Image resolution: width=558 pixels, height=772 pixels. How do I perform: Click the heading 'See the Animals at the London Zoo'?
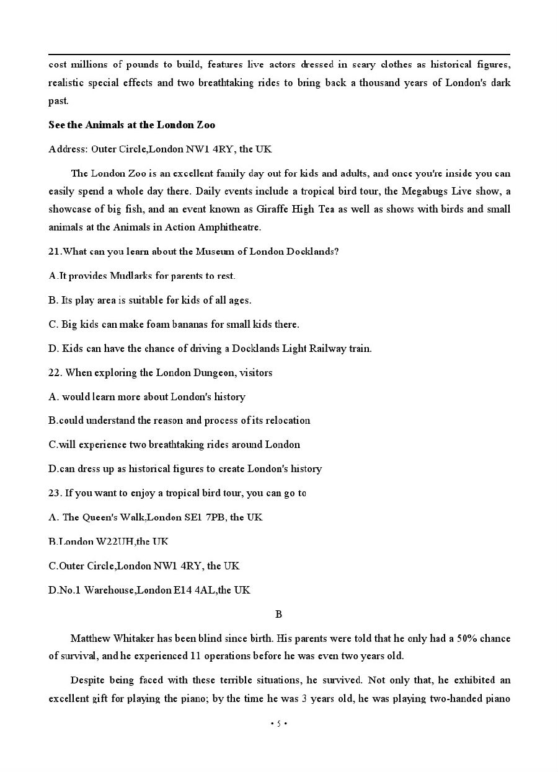131,125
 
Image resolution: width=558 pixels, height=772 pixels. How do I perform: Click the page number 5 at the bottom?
278,723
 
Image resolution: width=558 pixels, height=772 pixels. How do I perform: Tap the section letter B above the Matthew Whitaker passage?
278,614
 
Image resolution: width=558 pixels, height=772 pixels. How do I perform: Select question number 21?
55,252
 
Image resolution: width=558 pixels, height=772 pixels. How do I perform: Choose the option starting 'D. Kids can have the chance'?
210,348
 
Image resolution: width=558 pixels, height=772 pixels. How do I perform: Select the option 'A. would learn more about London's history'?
147,397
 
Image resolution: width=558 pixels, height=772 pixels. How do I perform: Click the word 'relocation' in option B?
288,420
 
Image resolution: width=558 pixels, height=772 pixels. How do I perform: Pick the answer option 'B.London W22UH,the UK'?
108,542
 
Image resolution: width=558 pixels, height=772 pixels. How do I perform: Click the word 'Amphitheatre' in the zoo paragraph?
229,227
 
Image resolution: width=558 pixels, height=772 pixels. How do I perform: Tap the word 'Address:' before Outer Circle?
68,149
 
